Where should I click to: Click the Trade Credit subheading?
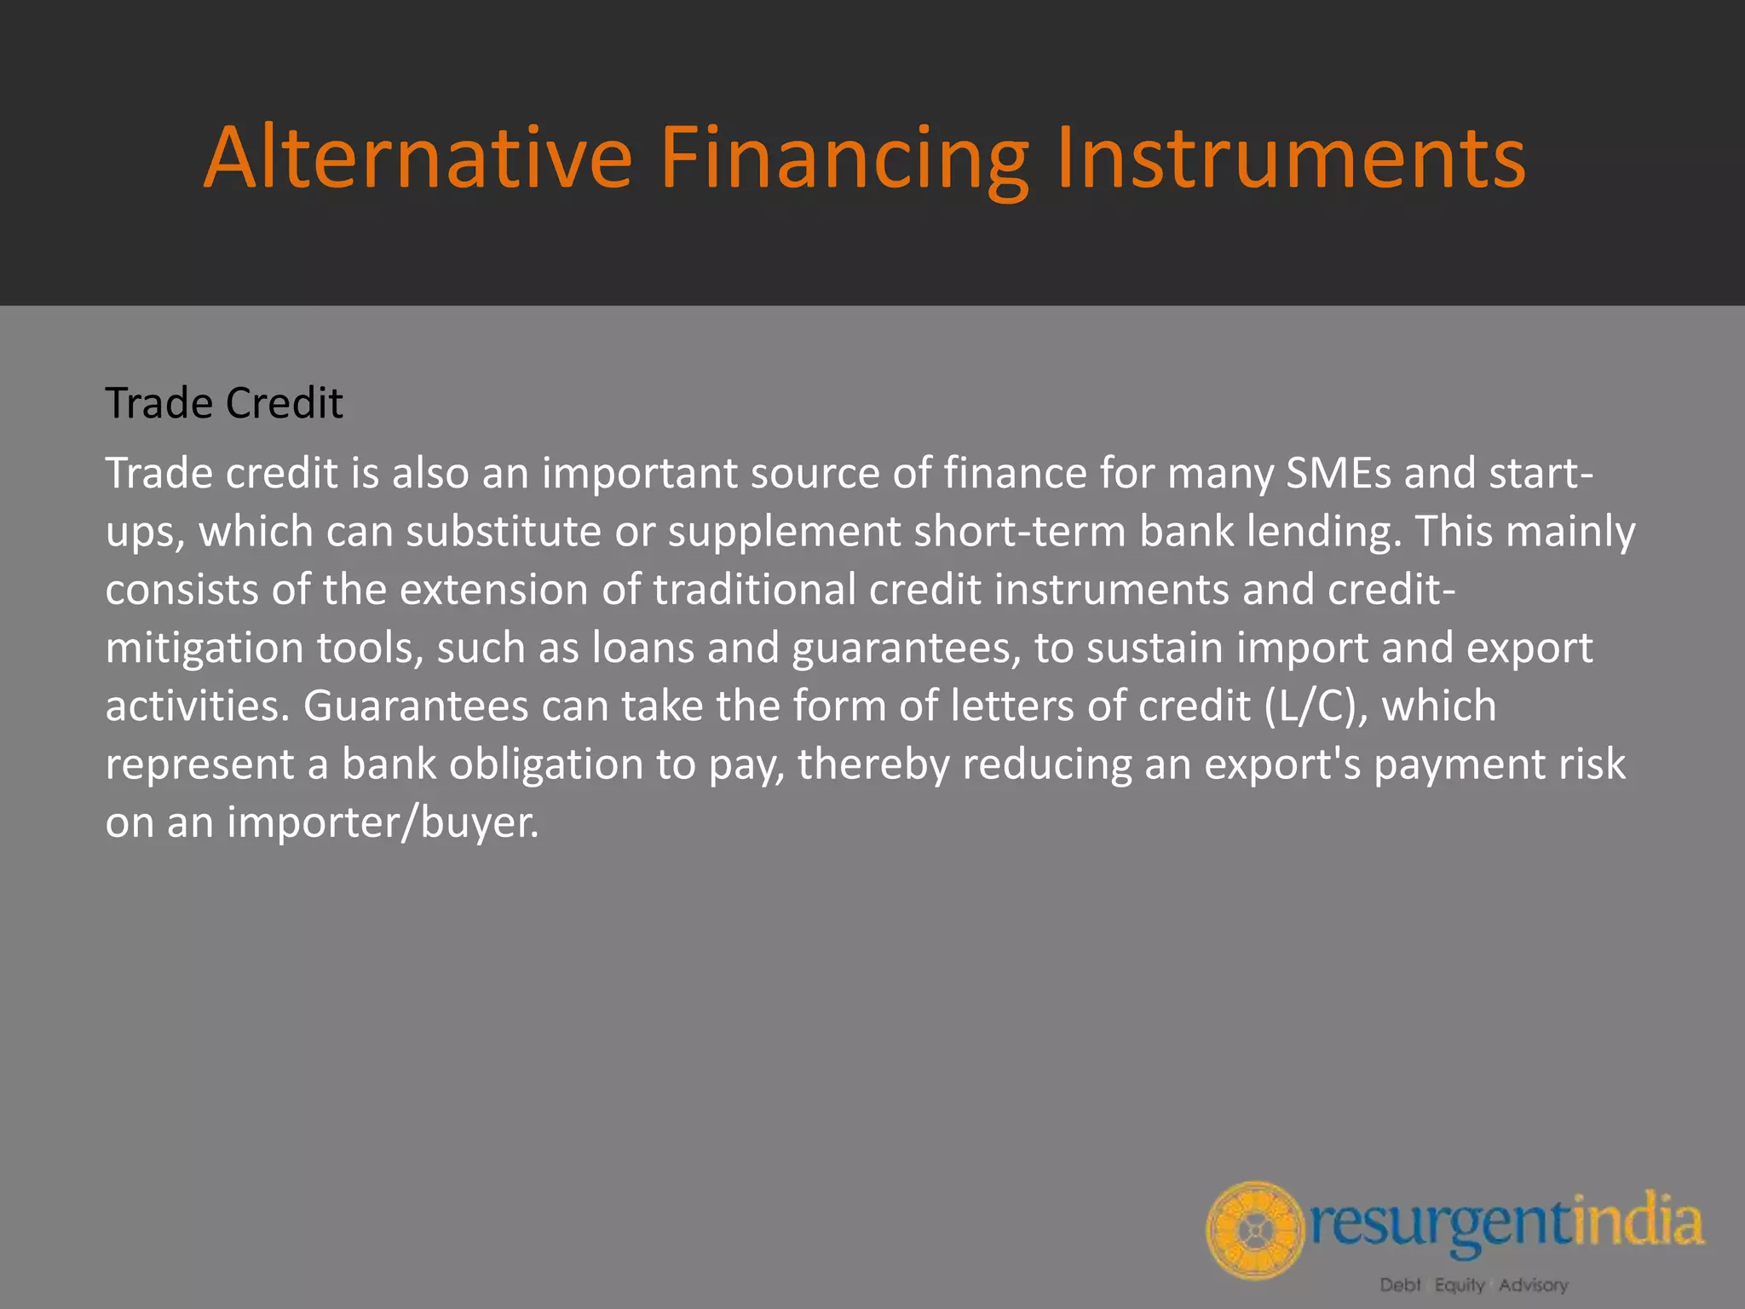point(223,403)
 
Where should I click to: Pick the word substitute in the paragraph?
point(504,531)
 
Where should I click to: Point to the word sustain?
point(1155,648)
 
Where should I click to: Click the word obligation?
point(545,764)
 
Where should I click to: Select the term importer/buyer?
point(383,823)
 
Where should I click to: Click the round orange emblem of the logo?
point(1255,1230)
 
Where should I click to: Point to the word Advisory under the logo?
point(1533,1284)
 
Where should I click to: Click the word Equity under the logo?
point(1459,1284)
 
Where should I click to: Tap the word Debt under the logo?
point(1400,1284)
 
